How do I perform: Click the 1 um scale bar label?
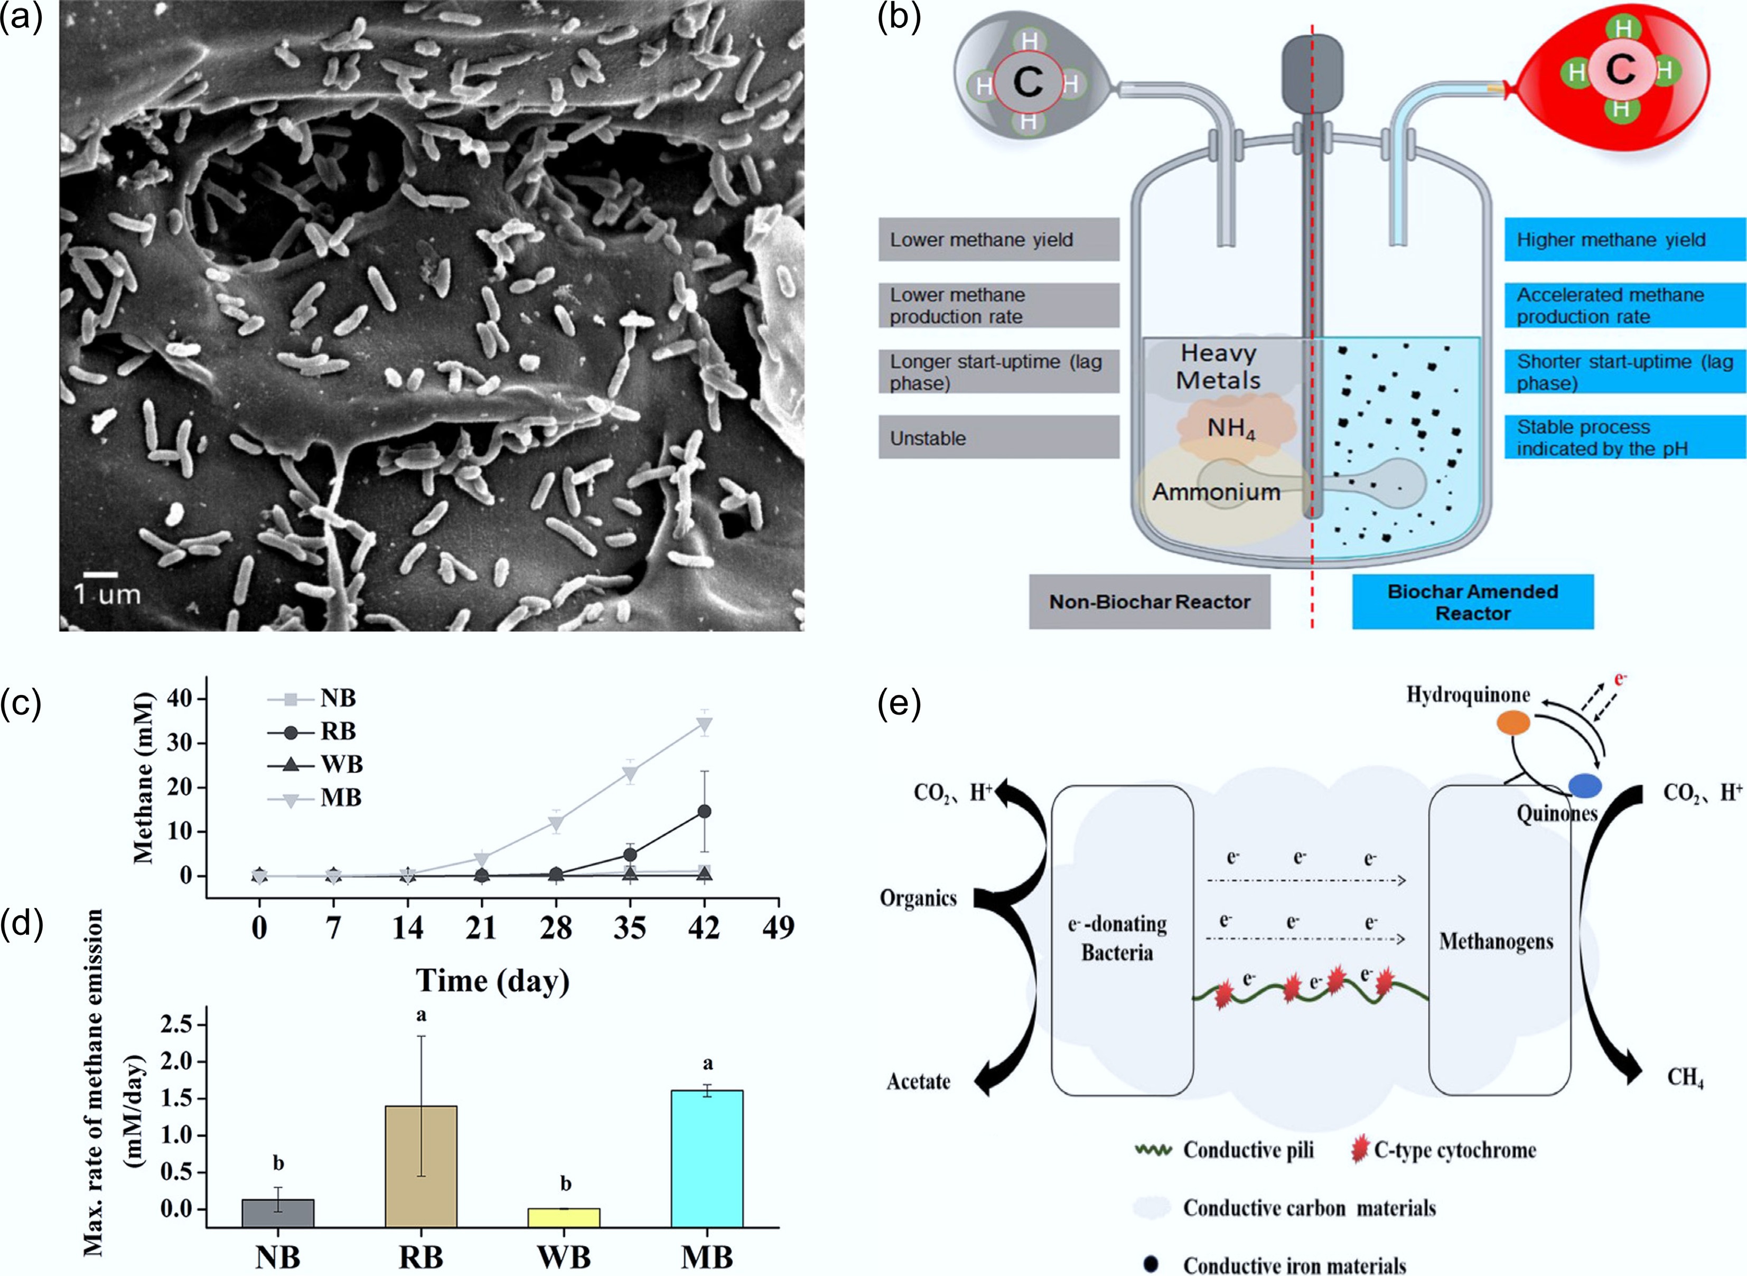(107, 594)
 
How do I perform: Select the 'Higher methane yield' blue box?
(1624, 239)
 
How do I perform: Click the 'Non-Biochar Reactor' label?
(1149, 602)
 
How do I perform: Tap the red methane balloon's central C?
(1620, 71)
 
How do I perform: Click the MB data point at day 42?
(704, 725)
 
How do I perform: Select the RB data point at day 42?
(704, 811)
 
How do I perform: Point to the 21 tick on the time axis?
(481, 927)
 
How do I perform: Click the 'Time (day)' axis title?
(493, 980)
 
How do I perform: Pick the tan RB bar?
(421, 1166)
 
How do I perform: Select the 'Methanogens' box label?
(1496, 942)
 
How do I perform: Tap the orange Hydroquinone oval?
(1514, 722)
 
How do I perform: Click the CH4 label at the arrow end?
(1685, 1077)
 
